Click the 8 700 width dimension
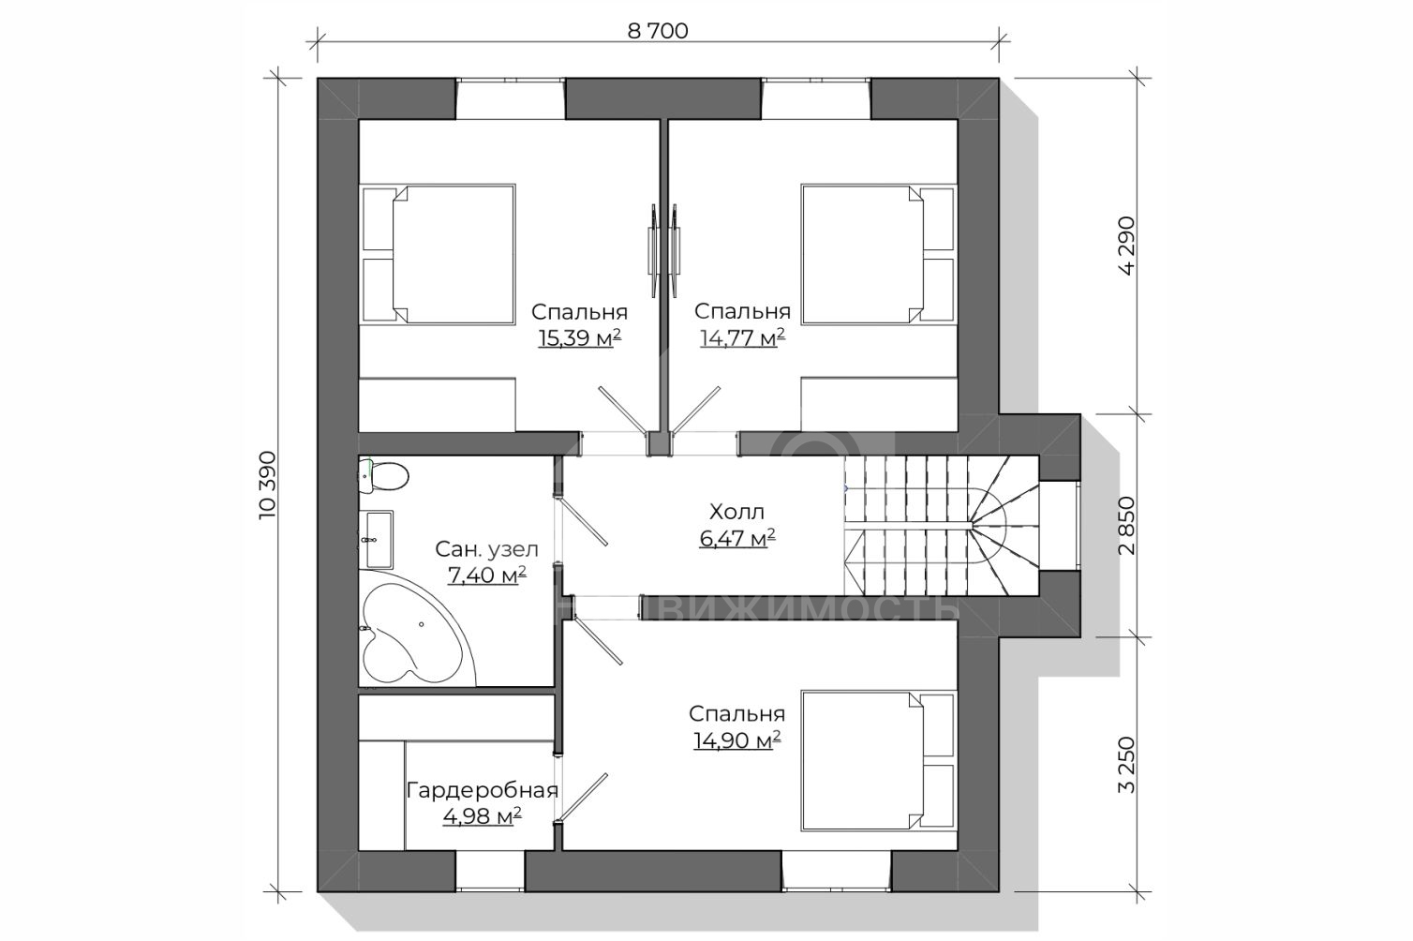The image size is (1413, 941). coord(657,31)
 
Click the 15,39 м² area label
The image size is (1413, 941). coord(579,338)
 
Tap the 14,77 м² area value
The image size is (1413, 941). coord(741,338)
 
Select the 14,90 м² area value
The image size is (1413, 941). coord(736,740)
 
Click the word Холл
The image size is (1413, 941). coord(736,512)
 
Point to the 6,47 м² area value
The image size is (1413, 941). coord(736,538)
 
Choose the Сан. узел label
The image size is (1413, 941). coord(486,549)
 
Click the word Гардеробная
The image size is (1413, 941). coord(482,790)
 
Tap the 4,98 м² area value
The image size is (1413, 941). coord(482,816)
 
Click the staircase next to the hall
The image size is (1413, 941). coord(941,525)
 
